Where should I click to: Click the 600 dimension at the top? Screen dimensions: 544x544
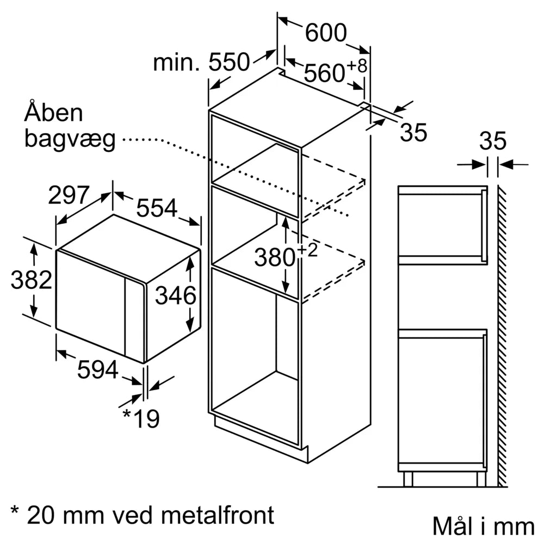pyautogui.click(x=325, y=33)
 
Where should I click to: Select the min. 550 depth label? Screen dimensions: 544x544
pyautogui.click(x=201, y=63)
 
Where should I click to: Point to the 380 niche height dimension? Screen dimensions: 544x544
pyautogui.click(x=275, y=257)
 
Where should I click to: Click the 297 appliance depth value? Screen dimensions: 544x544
pyautogui.click(x=69, y=195)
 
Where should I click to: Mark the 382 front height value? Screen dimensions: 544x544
pyautogui.click(x=31, y=280)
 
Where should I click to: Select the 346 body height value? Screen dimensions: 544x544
pyautogui.click(x=175, y=296)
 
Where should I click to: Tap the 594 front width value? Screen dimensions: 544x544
pyautogui.click(x=97, y=370)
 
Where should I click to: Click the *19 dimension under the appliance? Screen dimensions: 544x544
pyautogui.click(x=140, y=418)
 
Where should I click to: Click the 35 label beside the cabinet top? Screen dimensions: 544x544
pyautogui.click(x=413, y=133)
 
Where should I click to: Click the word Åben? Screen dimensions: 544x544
pyautogui.click(x=54, y=113)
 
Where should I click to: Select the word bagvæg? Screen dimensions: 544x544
pyautogui.click(x=70, y=140)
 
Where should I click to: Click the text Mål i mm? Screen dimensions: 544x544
pyautogui.click(x=483, y=526)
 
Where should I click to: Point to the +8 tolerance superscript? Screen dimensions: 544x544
pyautogui.click(x=357, y=66)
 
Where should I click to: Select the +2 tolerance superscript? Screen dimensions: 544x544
pyautogui.click(x=306, y=251)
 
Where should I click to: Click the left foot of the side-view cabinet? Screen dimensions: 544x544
pyautogui.click(x=408, y=479)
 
